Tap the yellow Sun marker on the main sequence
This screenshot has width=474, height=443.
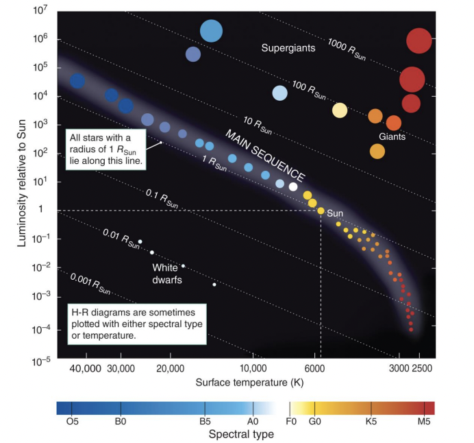321,210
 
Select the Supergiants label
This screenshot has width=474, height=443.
288,48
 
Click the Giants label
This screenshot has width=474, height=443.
392,136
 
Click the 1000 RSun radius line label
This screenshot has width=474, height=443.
346,49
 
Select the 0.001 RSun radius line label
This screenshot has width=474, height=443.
90,283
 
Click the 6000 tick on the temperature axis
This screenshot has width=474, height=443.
314,370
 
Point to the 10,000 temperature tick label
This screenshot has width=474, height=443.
252,370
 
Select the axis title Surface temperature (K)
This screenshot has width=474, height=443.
249,381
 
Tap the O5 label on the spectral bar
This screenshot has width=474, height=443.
73,422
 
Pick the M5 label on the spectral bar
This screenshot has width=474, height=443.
424,422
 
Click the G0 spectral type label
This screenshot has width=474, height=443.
315,422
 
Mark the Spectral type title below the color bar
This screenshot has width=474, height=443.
241,434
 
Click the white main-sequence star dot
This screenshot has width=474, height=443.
293,186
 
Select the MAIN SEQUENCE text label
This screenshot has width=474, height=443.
266,154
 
